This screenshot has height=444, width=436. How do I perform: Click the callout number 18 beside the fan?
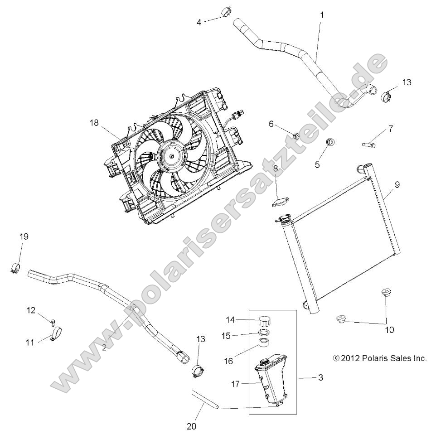click(93, 122)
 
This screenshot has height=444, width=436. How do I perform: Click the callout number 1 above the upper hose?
click(322, 15)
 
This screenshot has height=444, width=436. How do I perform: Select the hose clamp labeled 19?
click(15, 267)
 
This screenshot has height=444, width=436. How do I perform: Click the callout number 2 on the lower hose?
click(104, 347)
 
